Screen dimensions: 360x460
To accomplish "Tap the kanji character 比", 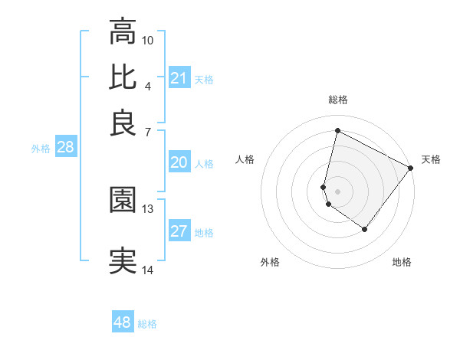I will tap(123, 77).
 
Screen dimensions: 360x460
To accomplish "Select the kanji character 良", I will tap(123, 123).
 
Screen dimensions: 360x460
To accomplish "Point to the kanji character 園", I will tap(123, 200).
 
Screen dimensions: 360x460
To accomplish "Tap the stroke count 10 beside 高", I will tap(148, 40).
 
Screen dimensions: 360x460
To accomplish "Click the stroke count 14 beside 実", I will tap(148, 270).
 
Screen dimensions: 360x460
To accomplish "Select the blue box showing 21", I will tap(179, 78).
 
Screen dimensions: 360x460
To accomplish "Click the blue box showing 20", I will tap(179, 162).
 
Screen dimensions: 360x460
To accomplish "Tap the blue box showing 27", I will tap(179, 231).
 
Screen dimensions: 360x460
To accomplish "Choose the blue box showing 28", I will tap(65, 148).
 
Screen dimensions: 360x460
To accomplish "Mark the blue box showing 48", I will tap(123, 322).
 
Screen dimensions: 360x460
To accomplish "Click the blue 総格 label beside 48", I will tap(147, 324).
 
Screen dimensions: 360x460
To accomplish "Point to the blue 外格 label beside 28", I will tap(41, 149).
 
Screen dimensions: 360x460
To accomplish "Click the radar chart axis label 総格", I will tap(337, 100).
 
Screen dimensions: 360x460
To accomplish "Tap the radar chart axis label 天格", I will tap(431, 159).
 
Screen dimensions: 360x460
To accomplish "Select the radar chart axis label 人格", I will tap(245, 159).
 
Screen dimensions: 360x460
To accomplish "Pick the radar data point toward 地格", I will tap(365, 229).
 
